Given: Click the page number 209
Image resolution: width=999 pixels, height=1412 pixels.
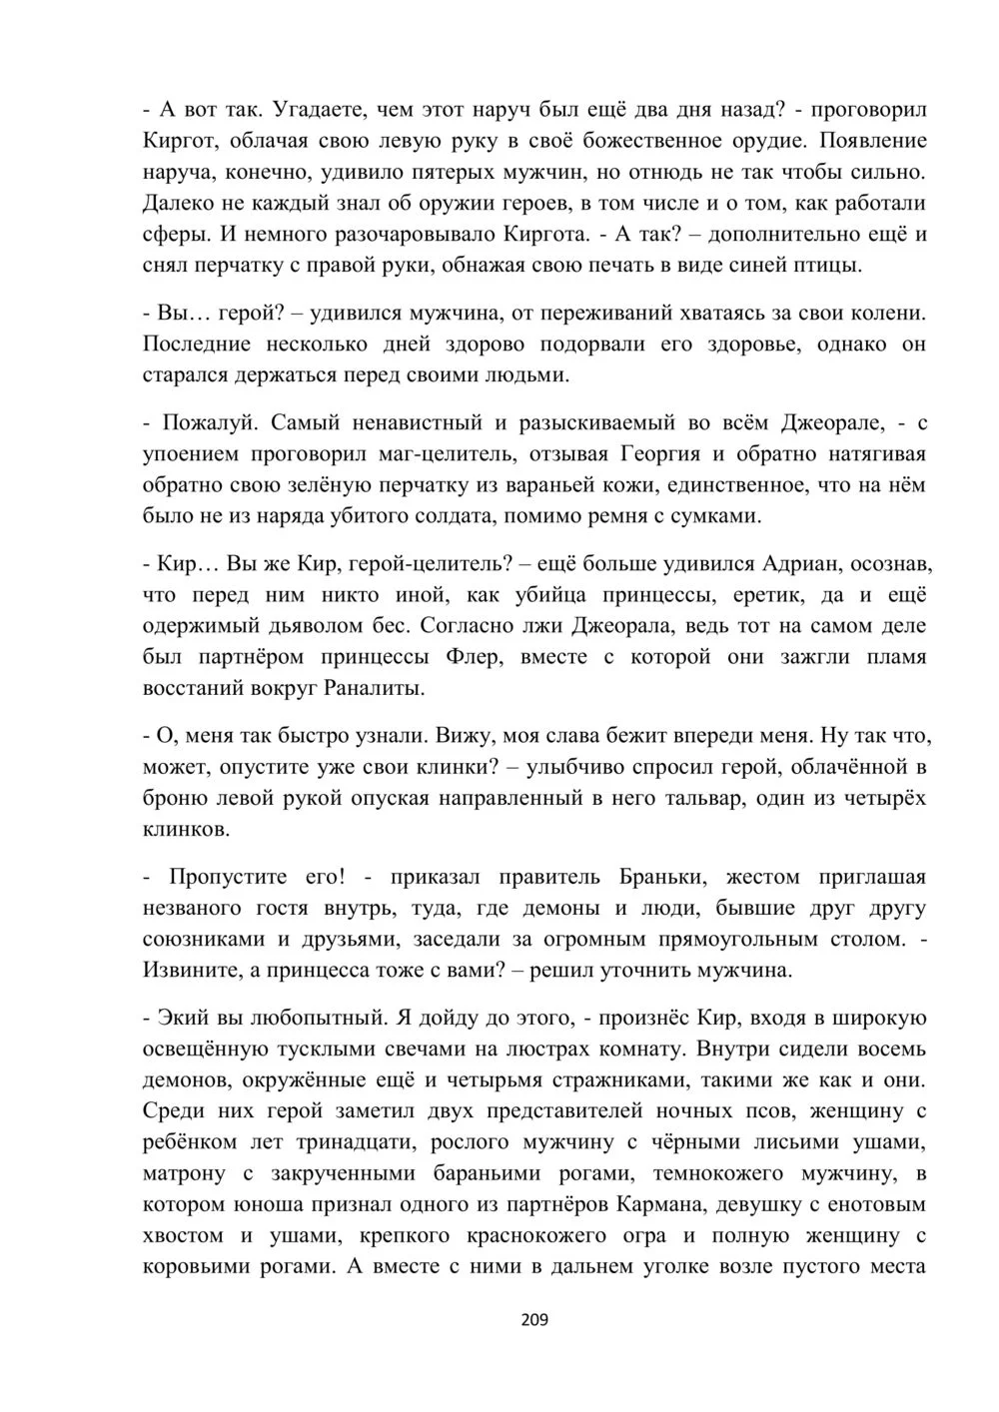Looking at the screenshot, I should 534,1321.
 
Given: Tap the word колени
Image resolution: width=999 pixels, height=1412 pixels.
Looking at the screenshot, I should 890,314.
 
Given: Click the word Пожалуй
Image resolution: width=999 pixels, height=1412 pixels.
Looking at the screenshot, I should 207,422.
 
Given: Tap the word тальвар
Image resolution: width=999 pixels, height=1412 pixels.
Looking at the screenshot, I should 752,798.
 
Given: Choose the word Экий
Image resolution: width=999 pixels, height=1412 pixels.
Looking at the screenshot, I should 182,1018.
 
